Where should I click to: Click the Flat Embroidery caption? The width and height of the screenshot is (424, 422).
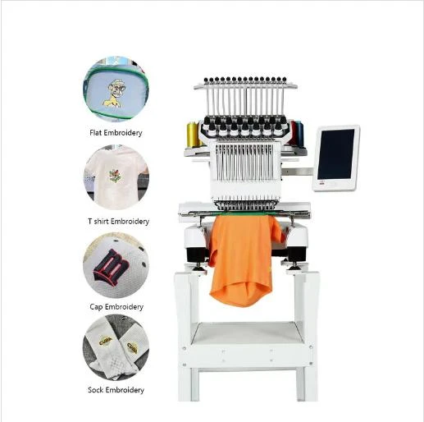(115, 132)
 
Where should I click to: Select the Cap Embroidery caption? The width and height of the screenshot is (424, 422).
(116, 307)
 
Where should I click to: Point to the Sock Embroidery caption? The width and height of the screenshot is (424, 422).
(116, 390)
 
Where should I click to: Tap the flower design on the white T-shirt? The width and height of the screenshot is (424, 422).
(115, 175)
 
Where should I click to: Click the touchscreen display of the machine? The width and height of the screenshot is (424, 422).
(335, 155)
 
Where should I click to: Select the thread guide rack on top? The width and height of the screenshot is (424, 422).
(245, 85)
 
